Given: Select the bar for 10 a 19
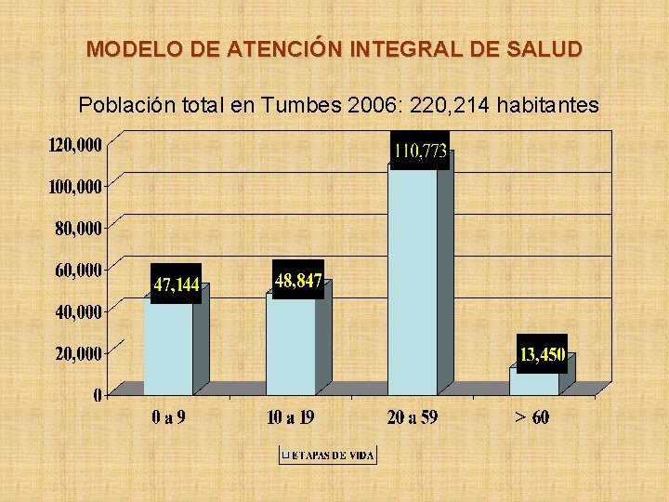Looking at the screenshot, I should tap(290, 344).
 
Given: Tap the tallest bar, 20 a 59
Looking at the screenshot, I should tap(412, 279).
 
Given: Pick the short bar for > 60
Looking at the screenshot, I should tap(534, 381).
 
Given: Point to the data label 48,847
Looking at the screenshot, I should tap(298, 280).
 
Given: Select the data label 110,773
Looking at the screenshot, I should tap(420, 151).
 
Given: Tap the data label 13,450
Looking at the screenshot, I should tap(543, 354).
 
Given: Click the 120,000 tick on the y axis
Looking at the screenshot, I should tap(75, 145).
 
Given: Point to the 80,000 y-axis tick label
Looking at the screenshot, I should tap(78, 228).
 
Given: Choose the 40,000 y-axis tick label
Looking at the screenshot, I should tap(78, 312).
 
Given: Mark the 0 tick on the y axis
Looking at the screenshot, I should tap(98, 396).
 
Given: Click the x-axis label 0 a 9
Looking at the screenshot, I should tap(168, 417).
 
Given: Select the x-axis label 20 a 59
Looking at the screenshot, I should tap(412, 417).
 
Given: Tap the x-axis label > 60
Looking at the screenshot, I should tap(532, 417).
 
